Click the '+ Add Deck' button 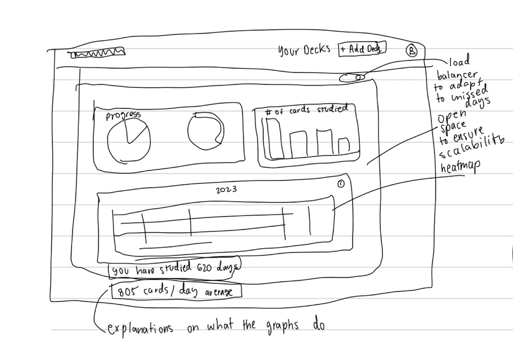[x=362, y=49]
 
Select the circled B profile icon [x=411, y=51]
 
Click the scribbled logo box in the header [x=98, y=53]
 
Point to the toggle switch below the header [x=352, y=77]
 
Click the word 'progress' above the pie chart [x=123, y=115]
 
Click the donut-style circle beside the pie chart [x=205, y=131]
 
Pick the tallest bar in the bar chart [x=274, y=138]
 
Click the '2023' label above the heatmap [x=226, y=190]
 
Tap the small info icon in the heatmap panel [x=341, y=184]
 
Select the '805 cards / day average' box [x=177, y=291]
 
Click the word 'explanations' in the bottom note [x=140, y=328]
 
